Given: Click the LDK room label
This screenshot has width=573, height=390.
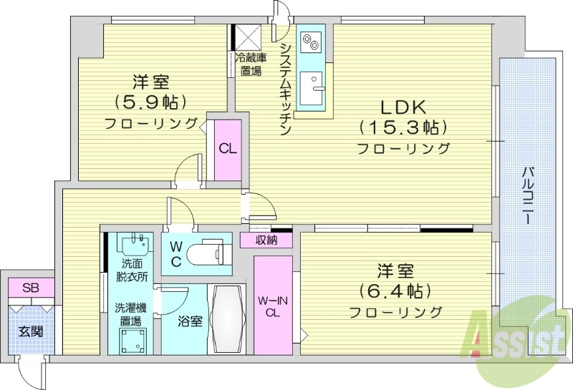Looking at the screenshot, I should (403, 108).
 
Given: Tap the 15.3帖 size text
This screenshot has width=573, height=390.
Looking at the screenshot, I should (403, 127).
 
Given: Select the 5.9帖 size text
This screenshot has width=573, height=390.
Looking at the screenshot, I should (150, 101).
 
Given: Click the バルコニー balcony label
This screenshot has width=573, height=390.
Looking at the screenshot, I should (529, 195).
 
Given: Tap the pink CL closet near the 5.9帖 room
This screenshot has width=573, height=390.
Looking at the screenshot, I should (228, 149).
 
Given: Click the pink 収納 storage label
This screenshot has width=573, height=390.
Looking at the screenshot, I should (266, 240).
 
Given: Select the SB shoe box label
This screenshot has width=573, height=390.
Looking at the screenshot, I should (30, 288).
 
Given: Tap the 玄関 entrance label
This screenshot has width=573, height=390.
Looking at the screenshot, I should (30, 331).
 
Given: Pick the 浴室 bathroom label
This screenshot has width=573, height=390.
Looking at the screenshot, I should (190, 321).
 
